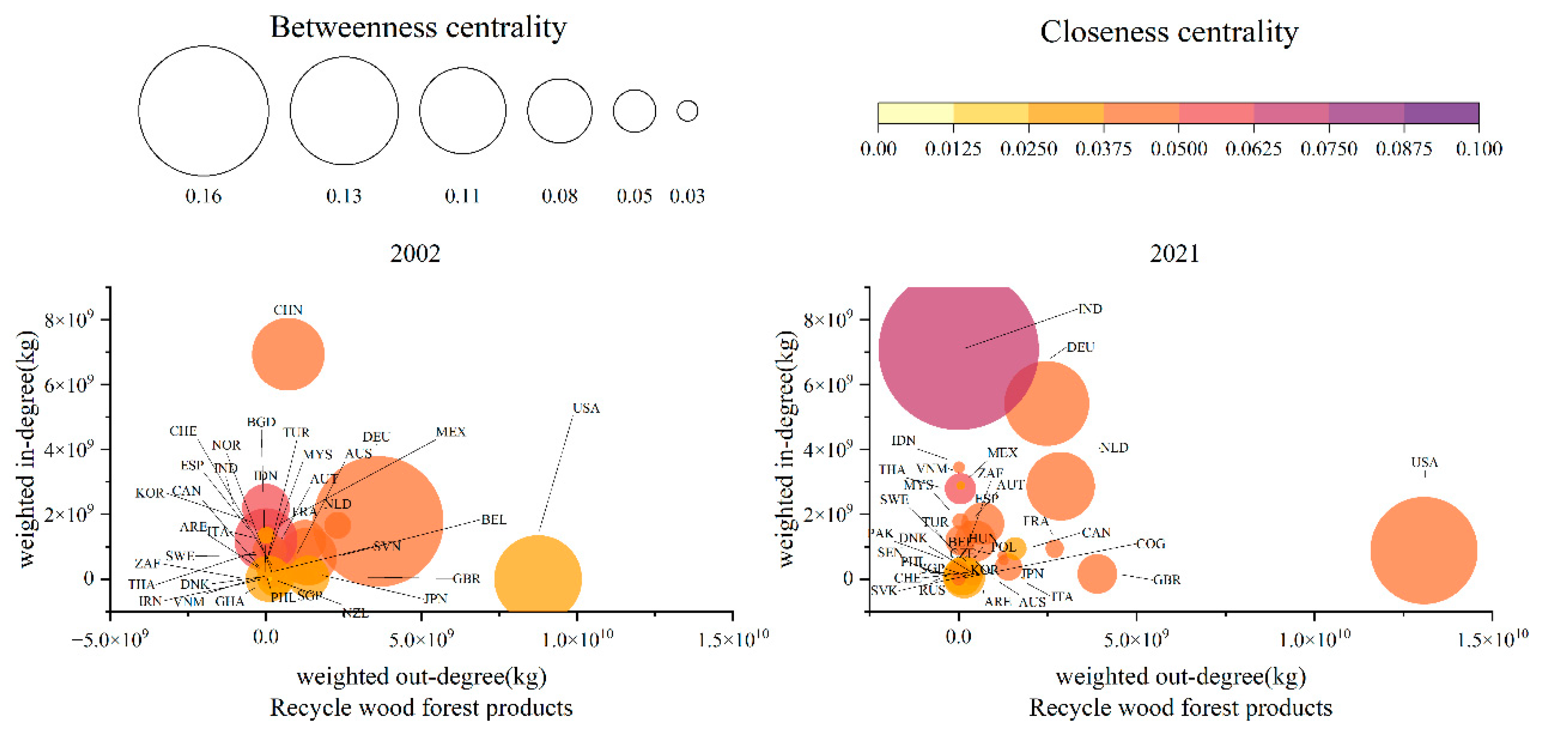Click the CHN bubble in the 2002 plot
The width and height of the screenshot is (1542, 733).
288,354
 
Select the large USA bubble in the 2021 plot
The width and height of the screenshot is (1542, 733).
1423,550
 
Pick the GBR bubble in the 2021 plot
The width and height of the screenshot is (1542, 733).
1096,574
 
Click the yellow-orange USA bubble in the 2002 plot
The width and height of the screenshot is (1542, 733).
538,578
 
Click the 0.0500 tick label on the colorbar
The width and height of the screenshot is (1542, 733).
1178,148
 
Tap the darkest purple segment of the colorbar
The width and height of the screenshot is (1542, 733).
1441,113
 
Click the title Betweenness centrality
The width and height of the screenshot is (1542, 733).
418,28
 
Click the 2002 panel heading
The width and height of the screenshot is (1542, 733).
415,254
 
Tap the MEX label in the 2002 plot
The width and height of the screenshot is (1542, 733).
450,432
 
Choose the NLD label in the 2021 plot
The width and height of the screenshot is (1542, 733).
1114,448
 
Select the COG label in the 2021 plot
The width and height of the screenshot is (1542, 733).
1150,543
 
